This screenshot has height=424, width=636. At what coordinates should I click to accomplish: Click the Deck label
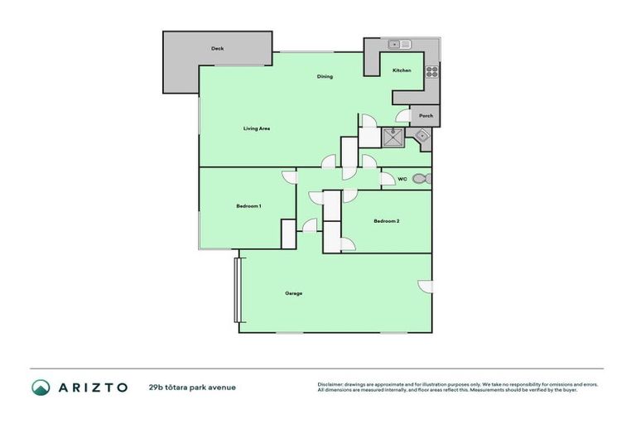click(x=217, y=49)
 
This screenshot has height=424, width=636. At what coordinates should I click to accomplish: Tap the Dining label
click(x=325, y=77)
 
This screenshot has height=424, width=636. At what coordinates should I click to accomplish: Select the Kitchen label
click(x=402, y=70)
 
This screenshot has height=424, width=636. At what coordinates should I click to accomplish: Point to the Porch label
click(x=426, y=116)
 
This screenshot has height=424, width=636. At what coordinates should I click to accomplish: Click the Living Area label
click(x=257, y=128)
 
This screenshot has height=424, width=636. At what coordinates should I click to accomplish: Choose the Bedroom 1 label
click(x=249, y=205)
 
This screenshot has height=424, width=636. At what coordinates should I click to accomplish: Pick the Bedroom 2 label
click(x=387, y=221)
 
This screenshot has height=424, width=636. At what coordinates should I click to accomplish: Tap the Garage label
click(x=293, y=293)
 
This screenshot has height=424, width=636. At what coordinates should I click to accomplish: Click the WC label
click(x=402, y=179)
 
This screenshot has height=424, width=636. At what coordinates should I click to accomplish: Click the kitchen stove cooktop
click(x=431, y=71)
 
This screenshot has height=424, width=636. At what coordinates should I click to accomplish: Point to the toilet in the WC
click(x=420, y=179)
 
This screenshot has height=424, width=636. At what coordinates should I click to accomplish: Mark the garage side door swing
click(x=426, y=287)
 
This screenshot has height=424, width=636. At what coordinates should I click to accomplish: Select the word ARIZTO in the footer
click(x=92, y=387)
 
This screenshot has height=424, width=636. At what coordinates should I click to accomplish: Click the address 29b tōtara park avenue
click(x=193, y=387)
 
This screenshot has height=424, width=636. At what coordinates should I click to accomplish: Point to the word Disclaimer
click(x=331, y=384)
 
